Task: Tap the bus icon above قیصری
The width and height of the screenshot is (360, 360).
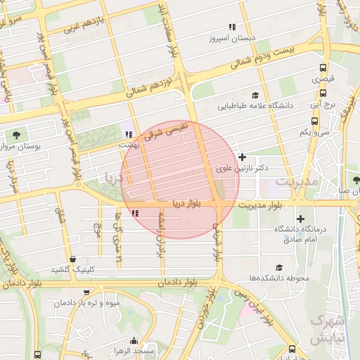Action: click(323, 69)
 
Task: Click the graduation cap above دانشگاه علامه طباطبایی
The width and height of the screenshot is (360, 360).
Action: click(255, 95)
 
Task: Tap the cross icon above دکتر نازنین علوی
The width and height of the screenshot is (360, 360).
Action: click(243, 157)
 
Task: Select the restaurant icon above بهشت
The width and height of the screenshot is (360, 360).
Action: click(128, 134)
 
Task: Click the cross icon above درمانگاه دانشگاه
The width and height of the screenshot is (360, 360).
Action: click(301, 219)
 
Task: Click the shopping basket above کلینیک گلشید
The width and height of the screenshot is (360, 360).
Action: click(73, 259)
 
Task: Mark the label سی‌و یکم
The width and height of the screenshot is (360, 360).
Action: click(314, 131)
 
